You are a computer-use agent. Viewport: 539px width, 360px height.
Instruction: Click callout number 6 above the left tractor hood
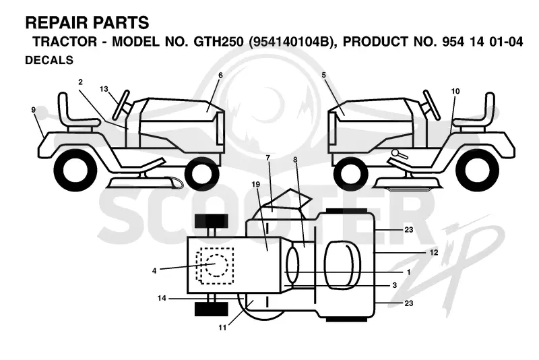tap(221, 75)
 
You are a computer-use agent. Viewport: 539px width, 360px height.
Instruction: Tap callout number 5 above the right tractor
tap(324, 75)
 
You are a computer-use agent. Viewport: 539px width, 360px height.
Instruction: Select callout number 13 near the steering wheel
tap(104, 89)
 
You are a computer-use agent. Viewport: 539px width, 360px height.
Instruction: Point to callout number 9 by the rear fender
tap(33, 110)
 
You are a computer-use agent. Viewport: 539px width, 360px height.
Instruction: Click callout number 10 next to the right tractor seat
tap(455, 91)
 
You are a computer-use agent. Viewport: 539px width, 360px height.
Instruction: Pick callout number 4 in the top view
tap(154, 271)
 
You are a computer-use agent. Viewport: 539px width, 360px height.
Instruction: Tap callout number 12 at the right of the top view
tap(434, 252)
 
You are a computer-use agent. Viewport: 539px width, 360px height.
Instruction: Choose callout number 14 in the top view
tap(162, 298)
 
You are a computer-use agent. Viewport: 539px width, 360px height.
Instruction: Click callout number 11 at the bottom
tap(223, 328)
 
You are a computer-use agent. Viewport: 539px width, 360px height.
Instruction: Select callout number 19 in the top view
tap(256, 184)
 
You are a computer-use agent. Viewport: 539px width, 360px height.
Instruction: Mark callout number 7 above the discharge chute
tap(268, 158)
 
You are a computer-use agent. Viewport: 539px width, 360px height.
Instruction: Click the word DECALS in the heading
tap(49, 60)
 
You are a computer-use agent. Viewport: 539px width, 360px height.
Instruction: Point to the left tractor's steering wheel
tap(121, 105)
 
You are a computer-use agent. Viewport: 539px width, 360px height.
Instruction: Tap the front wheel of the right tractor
tap(350, 172)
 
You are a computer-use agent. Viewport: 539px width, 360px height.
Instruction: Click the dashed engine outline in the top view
tap(215, 266)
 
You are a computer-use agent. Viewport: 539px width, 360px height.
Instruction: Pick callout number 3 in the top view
tap(395, 285)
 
